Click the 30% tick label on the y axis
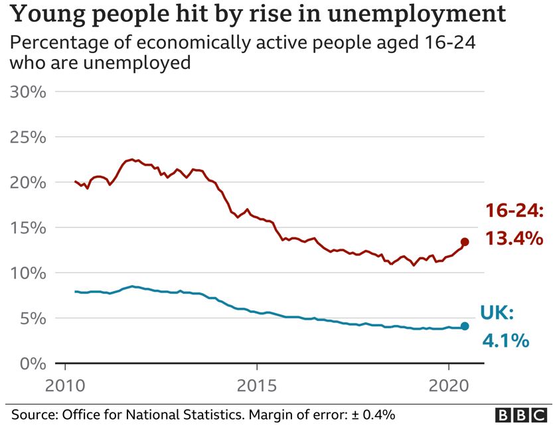tap(28, 92)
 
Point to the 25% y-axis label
tap(28, 137)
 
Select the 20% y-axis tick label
tap(28, 182)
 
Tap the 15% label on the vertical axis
tap(28, 227)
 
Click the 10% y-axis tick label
tap(28, 273)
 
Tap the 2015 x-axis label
tap(256, 385)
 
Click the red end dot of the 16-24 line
tap(465, 242)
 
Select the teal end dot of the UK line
tap(465, 326)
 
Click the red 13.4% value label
tap(514, 238)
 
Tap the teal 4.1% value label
tap(505, 341)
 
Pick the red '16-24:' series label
tap(515, 212)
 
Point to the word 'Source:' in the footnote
tap(34, 415)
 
